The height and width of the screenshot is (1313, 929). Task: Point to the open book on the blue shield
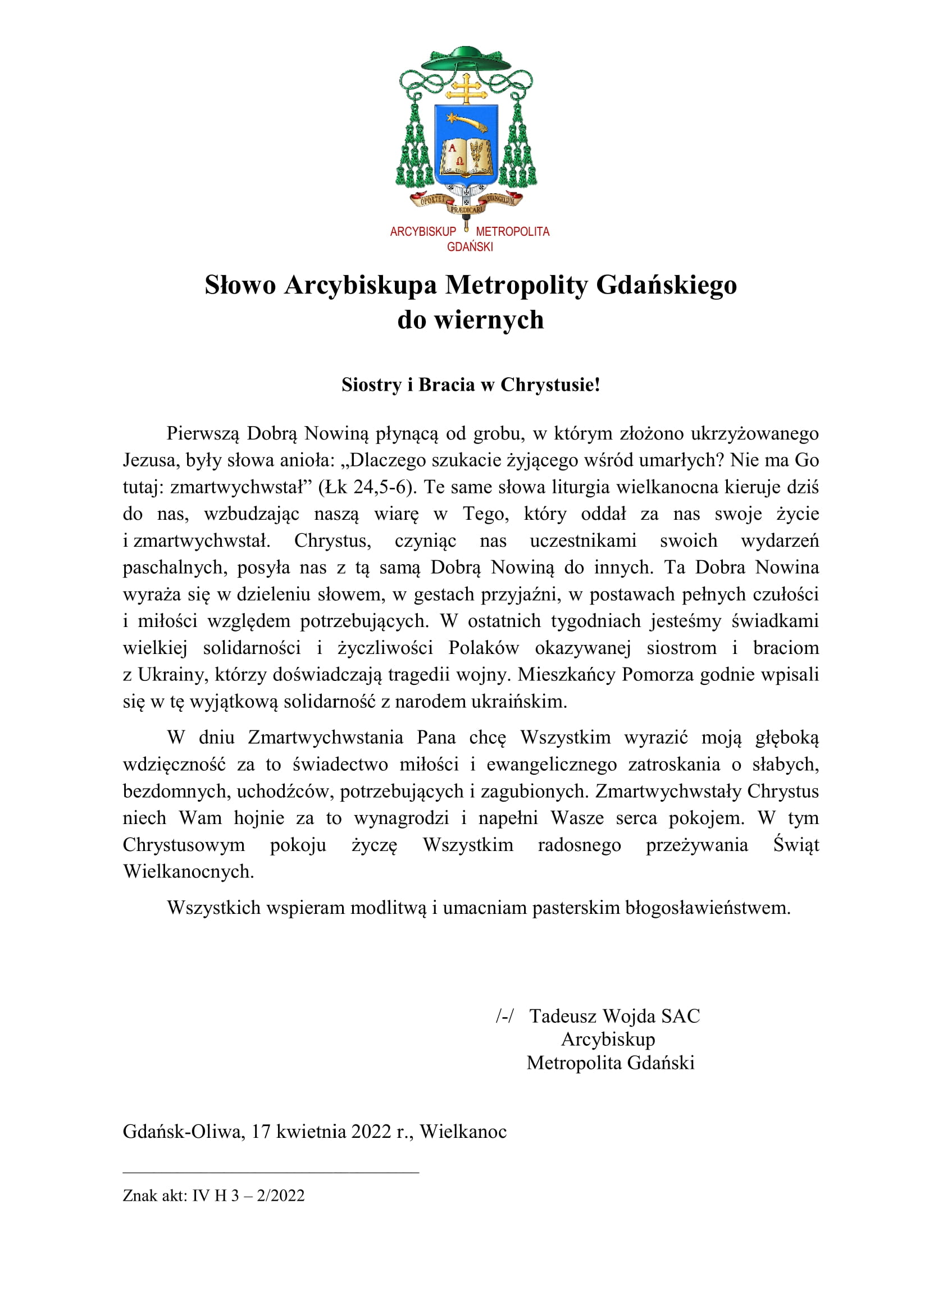coord(466,155)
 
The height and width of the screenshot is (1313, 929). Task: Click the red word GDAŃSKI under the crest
coord(470,247)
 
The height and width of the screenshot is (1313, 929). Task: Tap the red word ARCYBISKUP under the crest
coord(423,232)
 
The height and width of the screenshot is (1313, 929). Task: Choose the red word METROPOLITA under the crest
coord(513,232)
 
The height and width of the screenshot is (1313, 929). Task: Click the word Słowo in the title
coord(240,285)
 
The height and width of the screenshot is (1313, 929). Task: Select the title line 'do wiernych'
coord(470,319)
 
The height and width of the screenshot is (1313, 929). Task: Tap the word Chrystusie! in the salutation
coord(550,385)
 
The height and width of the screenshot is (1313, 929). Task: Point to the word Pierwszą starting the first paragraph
coord(203,433)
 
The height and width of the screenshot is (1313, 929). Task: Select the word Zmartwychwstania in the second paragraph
coord(325,738)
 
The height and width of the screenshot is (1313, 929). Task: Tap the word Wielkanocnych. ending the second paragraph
coord(188,872)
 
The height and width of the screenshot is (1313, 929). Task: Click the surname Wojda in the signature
coord(629,1016)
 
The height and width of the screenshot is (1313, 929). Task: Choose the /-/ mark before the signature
coord(504,1016)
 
